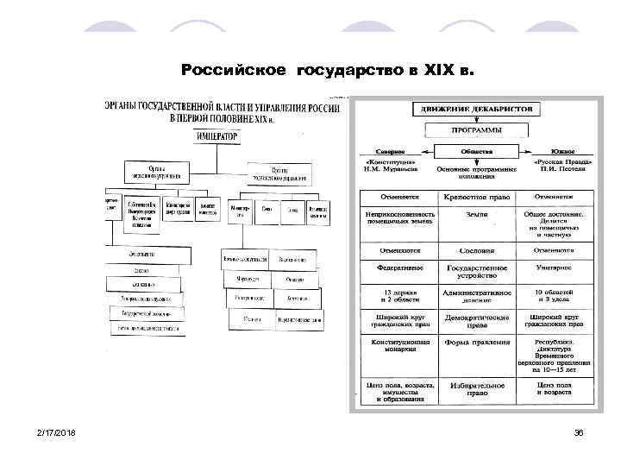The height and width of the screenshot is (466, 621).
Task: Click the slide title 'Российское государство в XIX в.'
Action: pyautogui.click(x=327, y=68)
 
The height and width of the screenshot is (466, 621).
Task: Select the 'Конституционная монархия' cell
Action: pyautogui.click(x=400, y=347)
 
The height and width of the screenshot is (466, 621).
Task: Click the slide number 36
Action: pyautogui.click(x=579, y=431)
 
